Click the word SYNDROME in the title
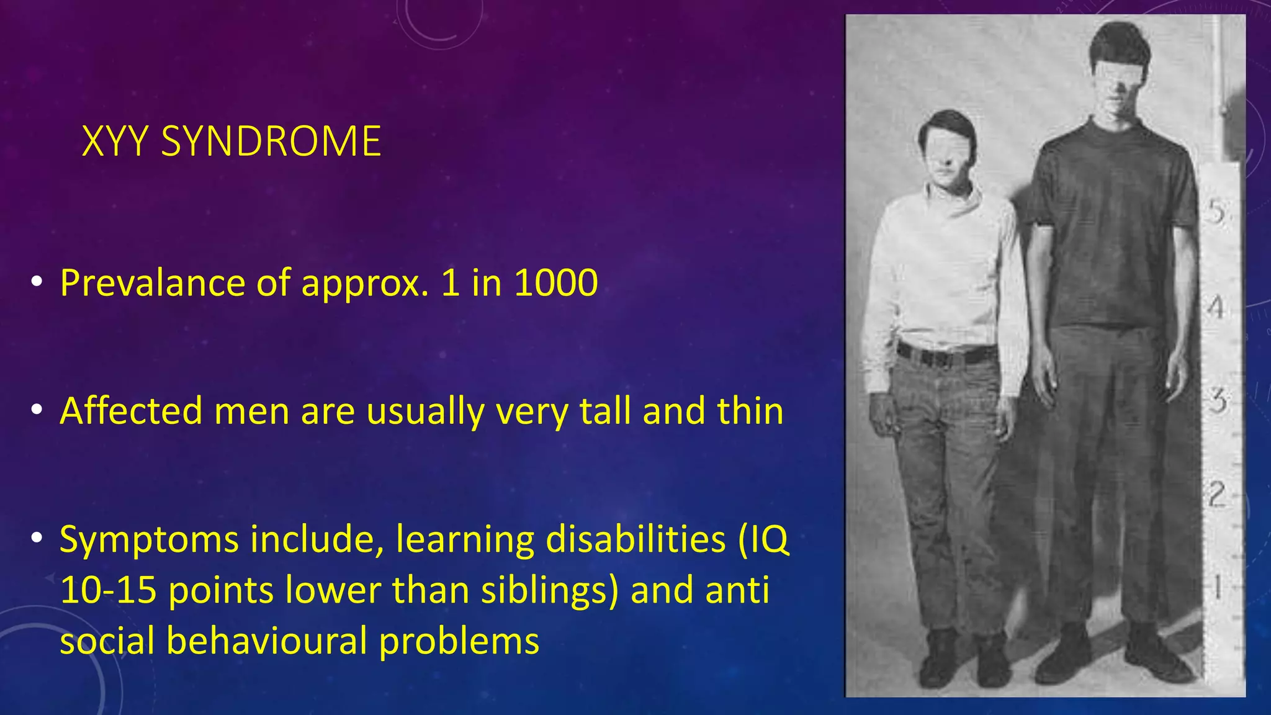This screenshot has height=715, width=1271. point(271,142)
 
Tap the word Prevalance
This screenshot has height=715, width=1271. point(152,284)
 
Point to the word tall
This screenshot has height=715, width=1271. point(606,411)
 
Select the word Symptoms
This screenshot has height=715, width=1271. point(149,540)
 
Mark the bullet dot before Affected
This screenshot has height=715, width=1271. point(37,410)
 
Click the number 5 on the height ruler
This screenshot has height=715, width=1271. point(1216,213)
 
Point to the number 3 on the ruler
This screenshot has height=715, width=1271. point(1218,402)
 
